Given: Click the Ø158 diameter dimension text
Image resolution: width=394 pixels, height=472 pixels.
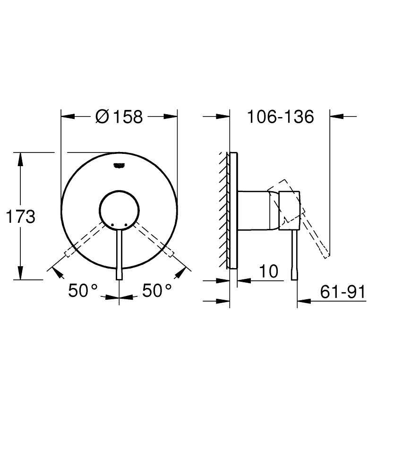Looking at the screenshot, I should [119, 116].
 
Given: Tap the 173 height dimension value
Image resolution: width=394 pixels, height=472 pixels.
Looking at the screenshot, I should [20, 217].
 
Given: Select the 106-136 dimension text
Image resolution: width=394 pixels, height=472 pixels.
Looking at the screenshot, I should [281, 116].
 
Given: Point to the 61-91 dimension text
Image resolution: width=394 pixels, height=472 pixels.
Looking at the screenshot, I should [343, 292].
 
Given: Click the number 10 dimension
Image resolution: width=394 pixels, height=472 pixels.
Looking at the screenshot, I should [268, 271].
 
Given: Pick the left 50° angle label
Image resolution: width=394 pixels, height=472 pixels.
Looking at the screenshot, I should [83, 290].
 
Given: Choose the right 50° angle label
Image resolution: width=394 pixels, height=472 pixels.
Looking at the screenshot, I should [157, 290].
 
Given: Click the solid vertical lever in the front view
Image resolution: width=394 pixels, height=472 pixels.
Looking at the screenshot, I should [120, 255].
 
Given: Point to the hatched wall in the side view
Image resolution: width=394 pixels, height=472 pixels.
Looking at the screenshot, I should [223, 210].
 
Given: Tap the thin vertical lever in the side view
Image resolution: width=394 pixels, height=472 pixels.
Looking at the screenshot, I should [295, 255].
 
